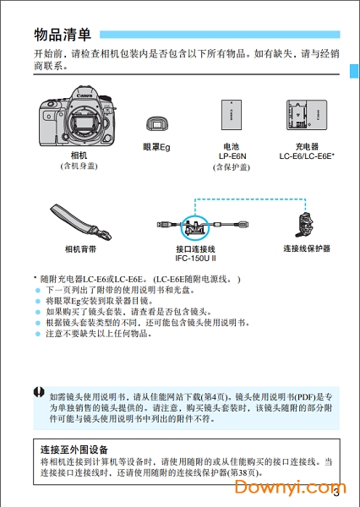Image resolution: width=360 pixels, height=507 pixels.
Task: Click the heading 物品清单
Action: pos(63,35)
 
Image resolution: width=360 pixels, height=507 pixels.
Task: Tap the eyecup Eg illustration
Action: pos(156,123)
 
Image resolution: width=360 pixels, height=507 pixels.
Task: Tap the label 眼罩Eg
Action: pos(157,147)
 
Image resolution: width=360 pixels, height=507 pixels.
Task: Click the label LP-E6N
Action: pos(232,156)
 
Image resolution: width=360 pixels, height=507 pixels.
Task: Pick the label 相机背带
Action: pos(80,249)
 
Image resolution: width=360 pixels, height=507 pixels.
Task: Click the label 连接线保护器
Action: pos(306,249)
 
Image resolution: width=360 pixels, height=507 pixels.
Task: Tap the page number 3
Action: pos(336,493)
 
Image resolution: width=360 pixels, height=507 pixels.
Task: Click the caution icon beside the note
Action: pos(39,392)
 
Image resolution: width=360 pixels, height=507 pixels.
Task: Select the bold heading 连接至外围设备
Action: pos(79,449)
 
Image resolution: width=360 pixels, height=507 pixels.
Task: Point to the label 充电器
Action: pos(307,146)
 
